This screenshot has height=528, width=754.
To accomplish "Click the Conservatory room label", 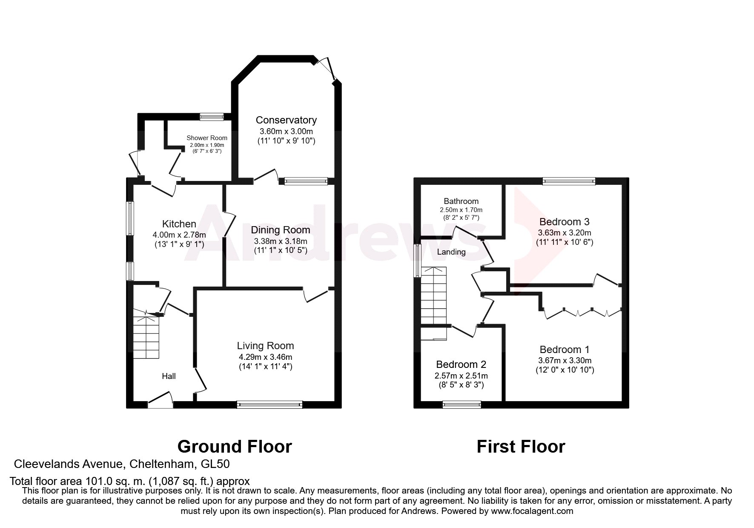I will pos(286,120).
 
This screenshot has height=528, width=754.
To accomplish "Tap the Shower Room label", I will pos(207,138).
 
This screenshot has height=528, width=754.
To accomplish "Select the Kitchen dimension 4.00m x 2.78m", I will pos(179,235).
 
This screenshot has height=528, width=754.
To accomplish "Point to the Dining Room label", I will pos(280,230).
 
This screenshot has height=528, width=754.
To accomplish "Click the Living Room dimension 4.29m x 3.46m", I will pos(265,357).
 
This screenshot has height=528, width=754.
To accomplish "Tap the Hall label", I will pos(169,376).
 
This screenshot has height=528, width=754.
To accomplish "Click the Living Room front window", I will pos(269,405).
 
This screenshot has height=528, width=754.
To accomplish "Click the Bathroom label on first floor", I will pos(461,201).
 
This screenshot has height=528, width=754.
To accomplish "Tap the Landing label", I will pos(451,252).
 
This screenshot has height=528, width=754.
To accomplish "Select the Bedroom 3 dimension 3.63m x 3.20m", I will pos(565,233).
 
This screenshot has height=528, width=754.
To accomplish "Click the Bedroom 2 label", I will pos(461,364).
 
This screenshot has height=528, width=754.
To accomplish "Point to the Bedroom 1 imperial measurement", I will pos(565,370).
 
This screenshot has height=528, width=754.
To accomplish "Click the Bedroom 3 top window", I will pos(569,181).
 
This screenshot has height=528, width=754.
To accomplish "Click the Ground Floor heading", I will pos(235,447).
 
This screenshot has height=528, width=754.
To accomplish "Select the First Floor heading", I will pos(521,447).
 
